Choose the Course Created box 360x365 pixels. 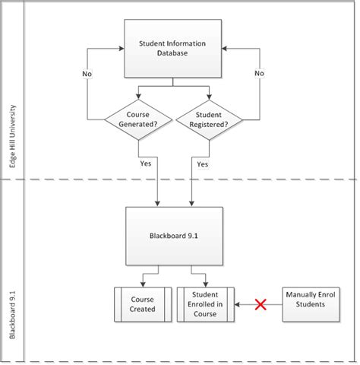[x=142, y=304]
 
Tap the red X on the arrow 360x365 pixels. [x=260, y=305]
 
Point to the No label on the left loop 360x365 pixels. [x=88, y=74]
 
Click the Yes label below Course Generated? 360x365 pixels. [x=145, y=163]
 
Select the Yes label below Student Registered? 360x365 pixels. [x=202, y=163]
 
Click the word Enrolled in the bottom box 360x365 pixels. [x=205, y=304]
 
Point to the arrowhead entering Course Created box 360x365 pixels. [x=142, y=284]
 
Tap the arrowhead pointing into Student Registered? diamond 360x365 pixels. [x=208, y=97]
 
